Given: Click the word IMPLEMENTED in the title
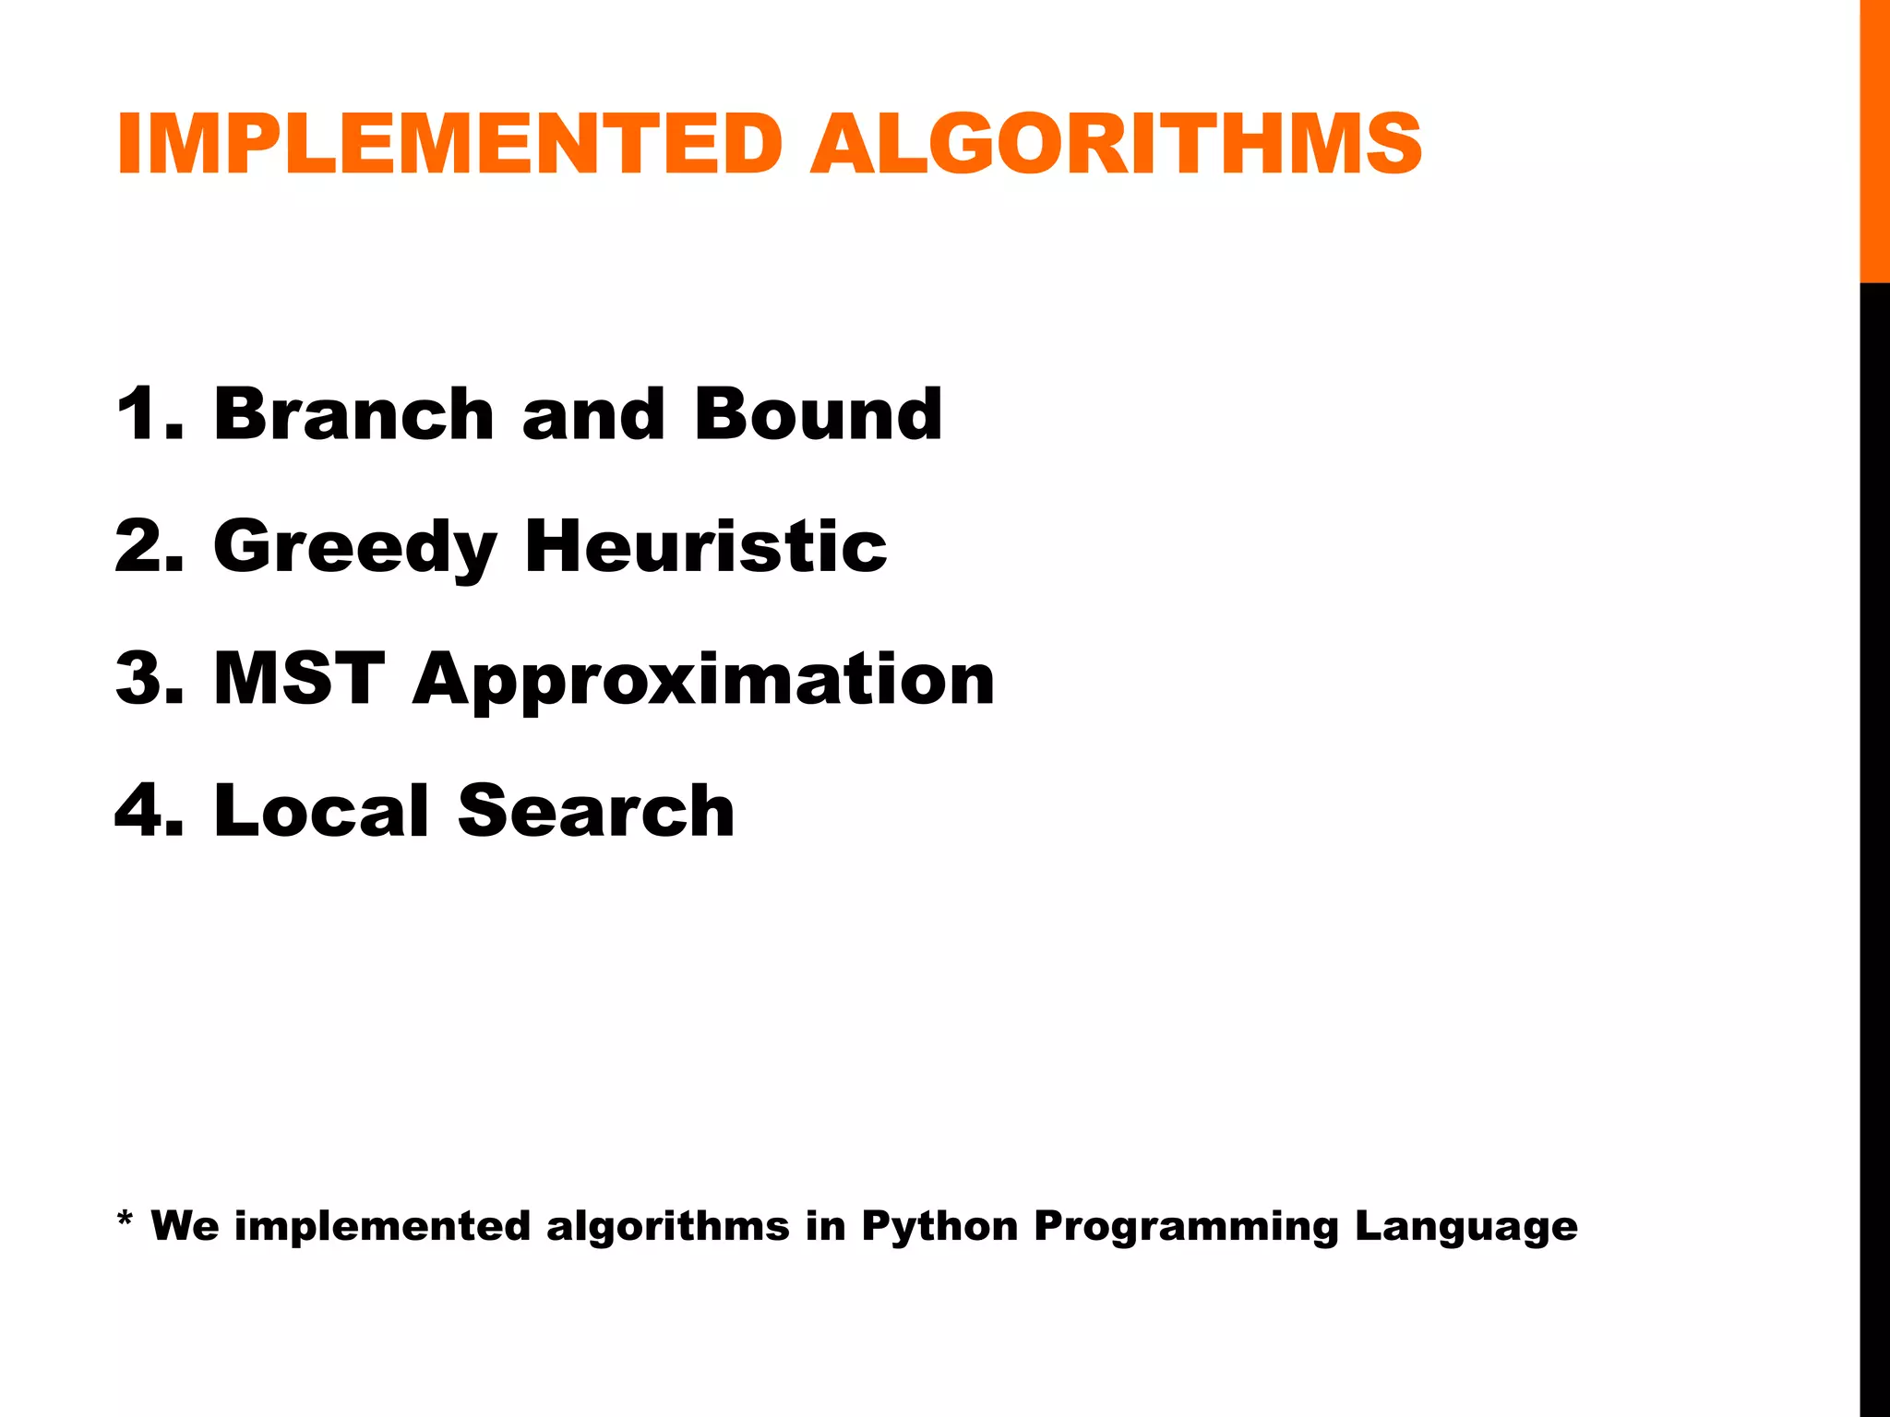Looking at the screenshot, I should (x=449, y=144).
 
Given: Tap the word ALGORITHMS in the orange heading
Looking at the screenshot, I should (x=1116, y=144).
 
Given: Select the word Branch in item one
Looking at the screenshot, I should (x=354, y=414).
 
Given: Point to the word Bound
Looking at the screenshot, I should (x=819, y=414).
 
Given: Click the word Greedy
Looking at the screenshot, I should (x=355, y=548).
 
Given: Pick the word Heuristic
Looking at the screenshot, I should (x=706, y=546).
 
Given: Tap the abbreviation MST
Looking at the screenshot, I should (x=299, y=679).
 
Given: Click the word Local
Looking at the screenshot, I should (x=321, y=811).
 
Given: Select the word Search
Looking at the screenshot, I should (x=596, y=811).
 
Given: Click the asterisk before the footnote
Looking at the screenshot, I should (x=126, y=1220).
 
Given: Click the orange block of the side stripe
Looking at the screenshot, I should (x=1874, y=140).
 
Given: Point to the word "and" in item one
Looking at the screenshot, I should (x=593, y=414).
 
